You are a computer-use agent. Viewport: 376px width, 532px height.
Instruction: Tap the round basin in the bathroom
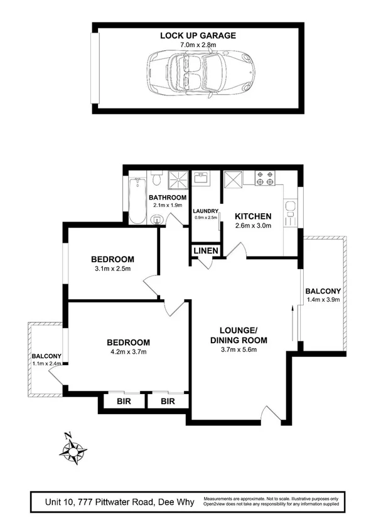coord(156,219)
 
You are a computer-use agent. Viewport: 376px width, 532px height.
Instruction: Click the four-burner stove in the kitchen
coord(264,178)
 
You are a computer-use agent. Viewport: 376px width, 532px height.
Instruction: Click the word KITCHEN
coord(253,215)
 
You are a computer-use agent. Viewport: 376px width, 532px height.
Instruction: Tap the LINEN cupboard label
coord(205,251)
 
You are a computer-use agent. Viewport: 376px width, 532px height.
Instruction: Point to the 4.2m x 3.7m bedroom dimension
coord(128,352)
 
